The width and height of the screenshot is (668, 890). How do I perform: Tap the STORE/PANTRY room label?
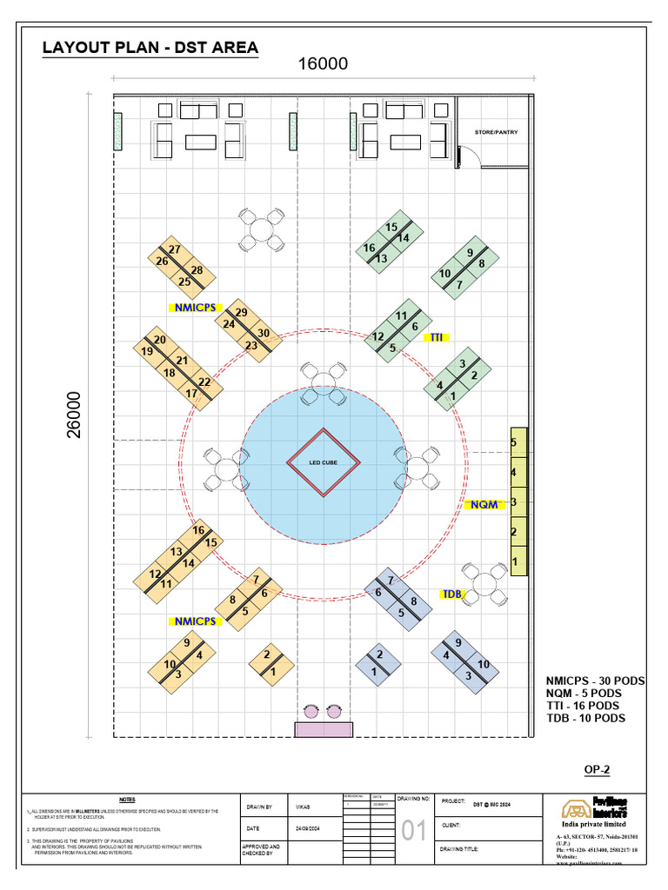coord(495,132)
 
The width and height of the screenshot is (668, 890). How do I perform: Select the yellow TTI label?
coord(436,336)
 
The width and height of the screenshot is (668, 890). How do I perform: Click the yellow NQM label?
coord(484,504)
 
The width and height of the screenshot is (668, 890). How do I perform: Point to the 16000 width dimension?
coord(323,64)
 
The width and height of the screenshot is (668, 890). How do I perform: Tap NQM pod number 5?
coord(514,442)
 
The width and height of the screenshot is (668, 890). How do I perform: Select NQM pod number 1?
coord(516,561)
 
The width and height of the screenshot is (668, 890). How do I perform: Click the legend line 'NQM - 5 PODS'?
coord(584,693)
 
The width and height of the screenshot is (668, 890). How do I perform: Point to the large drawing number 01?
coord(415,832)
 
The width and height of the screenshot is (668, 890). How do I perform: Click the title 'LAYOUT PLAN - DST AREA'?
coord(150,47)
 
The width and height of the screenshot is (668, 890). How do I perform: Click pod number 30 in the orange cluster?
coord(263,332)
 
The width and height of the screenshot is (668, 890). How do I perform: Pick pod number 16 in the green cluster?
coord(369,249)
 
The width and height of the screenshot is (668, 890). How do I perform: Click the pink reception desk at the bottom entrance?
coord(324,728)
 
